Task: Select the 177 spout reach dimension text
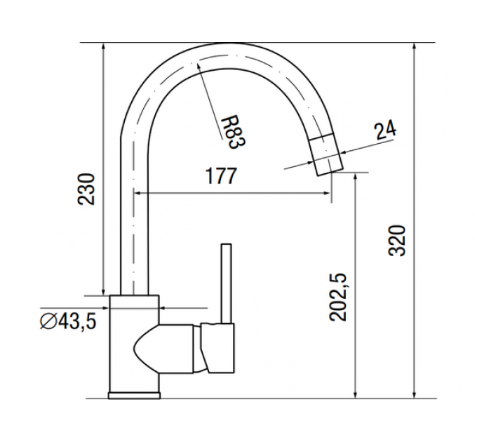tap(221, 176)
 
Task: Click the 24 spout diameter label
tap(385, 129)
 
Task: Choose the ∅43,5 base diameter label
tap(67, 321)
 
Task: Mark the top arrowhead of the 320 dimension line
tap(415, 47)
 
